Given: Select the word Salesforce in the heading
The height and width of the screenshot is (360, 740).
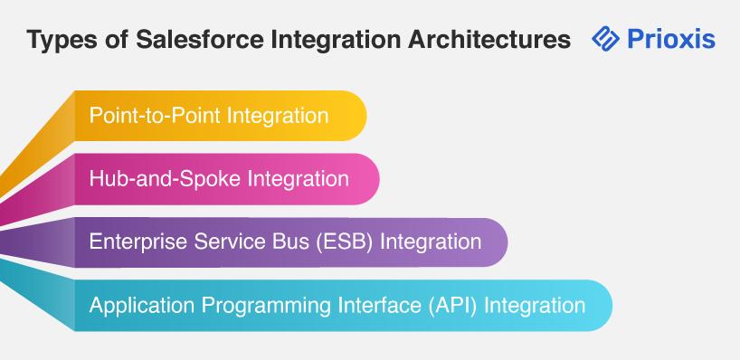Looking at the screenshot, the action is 200,39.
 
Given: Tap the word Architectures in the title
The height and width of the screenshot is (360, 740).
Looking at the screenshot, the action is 489,39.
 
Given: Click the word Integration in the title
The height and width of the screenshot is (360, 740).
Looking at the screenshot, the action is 336,40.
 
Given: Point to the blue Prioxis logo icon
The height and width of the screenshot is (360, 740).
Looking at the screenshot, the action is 605,38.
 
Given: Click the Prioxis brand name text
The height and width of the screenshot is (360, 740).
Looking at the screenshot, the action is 670,39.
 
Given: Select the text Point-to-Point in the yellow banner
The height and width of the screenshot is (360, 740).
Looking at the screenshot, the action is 155,116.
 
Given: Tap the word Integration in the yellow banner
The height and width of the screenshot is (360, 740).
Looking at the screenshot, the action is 278,116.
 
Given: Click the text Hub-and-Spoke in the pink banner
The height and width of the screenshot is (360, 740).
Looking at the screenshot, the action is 166,179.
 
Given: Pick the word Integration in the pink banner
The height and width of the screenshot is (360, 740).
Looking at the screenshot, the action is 299,179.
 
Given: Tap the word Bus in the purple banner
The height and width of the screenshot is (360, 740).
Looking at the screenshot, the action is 275,242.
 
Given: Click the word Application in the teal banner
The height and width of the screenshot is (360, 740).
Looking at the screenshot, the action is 142,305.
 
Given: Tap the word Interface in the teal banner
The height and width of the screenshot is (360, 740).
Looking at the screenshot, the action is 380,305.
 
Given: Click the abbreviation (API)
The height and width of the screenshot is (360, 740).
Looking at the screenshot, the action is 453,305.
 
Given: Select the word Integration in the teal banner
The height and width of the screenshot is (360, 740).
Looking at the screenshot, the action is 535,305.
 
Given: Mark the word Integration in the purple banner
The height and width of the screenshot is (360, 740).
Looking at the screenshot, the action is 431,242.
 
